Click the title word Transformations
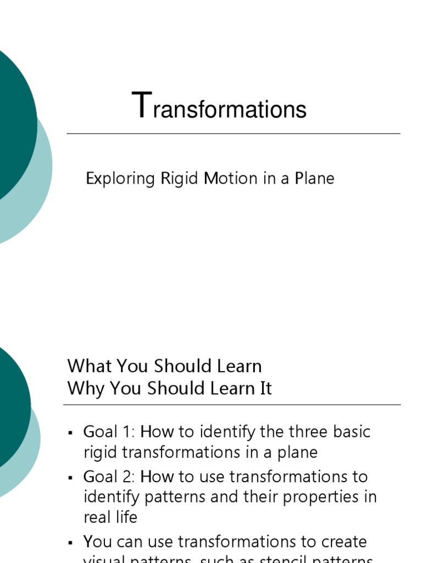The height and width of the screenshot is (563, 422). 219,107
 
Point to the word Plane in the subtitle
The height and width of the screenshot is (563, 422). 314,179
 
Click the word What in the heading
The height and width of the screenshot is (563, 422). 88,366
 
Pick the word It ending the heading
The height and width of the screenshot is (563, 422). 265,389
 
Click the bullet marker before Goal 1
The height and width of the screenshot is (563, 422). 70,433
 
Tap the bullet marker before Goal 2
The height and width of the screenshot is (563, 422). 70,477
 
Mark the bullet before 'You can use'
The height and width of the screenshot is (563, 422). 70,543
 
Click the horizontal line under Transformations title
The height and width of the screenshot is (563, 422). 234,134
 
